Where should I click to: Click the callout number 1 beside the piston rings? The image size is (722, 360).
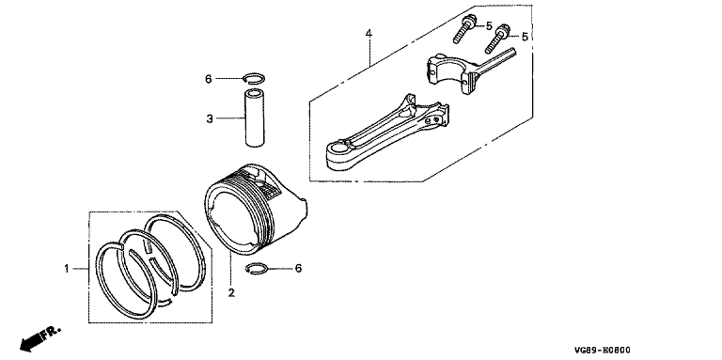tap(67, 269)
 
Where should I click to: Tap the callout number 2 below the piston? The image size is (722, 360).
tap(231, 292)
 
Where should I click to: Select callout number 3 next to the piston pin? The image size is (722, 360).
tap(210, 119)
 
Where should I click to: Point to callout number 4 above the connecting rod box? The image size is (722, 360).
tap(369, 33)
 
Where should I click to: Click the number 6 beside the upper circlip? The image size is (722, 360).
tap(208, 79)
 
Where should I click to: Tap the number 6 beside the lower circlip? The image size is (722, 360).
tap(298, 269)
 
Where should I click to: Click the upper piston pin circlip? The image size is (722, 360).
tap(253, 78)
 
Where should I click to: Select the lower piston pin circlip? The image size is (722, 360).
tap(257, 269)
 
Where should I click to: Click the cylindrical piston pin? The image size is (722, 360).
tap(254, 118)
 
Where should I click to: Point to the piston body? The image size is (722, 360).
tap(255, 209)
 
